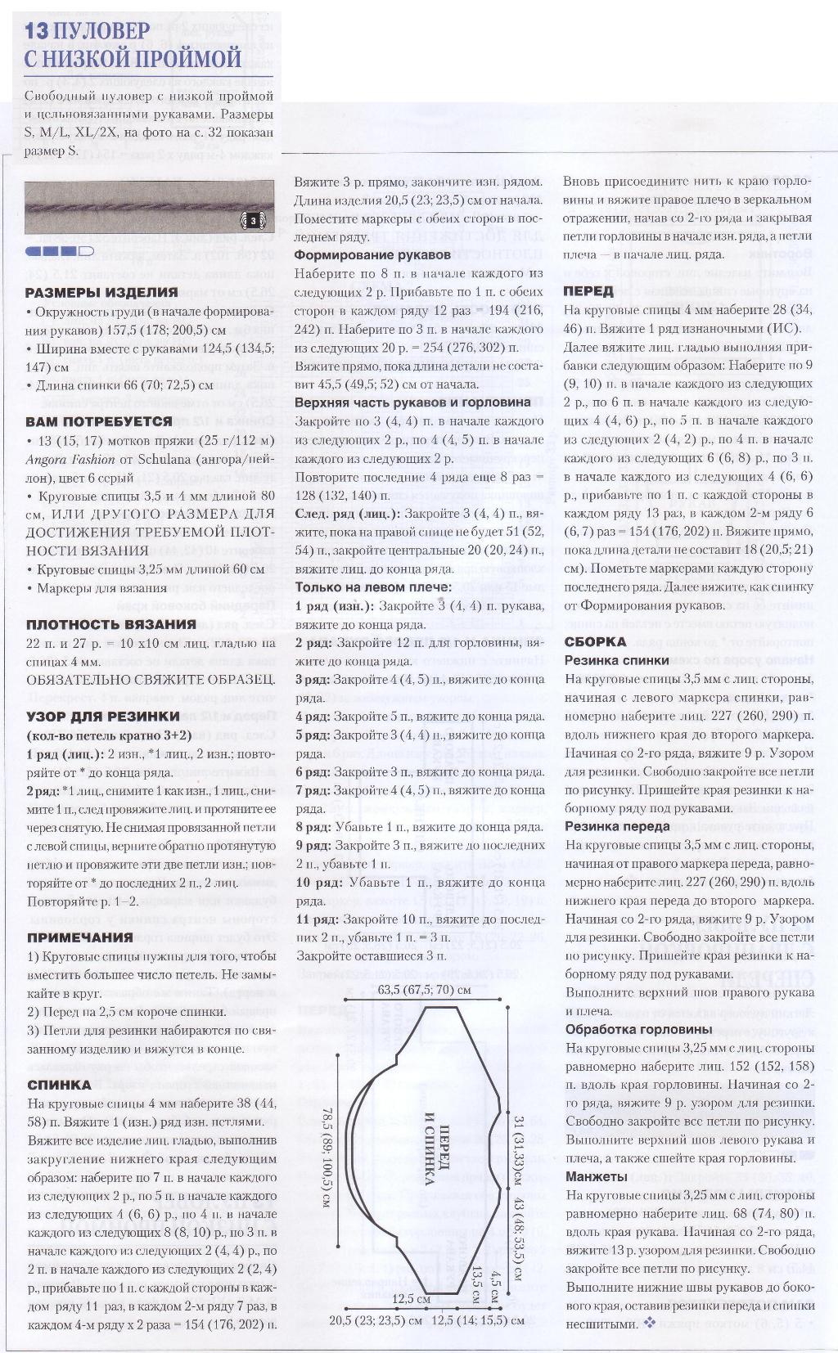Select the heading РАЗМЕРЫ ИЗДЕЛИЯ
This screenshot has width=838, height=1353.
pyautogui.click(x=101, y=292)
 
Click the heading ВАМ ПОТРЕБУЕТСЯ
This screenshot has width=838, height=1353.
pyautogui.click(x=99, y=421)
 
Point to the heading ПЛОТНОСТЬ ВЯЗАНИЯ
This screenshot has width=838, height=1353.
pyautogui.click(x=110, y=623)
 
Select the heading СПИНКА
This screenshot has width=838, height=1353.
pyautogui.click(x=59, y=1085)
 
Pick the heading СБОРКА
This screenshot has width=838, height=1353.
pyautogui.click(x=596, y=641)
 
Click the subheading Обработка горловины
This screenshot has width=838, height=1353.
pyautogui.click(x=639, y=1029)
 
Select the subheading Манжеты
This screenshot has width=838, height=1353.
pyautogui.click(x=597, y=1176)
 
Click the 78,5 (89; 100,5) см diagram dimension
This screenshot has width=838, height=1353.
pyautogui.click(x=325, y=1157)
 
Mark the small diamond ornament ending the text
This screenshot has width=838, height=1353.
pyautogui.click(x=650, y=1323)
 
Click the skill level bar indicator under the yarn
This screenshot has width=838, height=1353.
pyautogui.click(x=60, y=251)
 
